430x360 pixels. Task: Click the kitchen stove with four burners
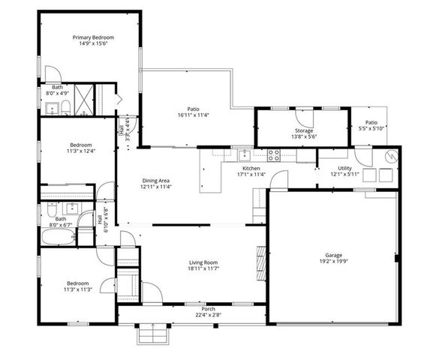click(x=272, y=156)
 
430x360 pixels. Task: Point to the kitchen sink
click(x=243, y=156)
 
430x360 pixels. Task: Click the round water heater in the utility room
click(x=389, y=157)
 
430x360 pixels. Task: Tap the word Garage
click(x=333, y=255)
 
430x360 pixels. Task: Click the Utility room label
click(x=344, y=168)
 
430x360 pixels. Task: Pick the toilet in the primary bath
click(x=66, y=105)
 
